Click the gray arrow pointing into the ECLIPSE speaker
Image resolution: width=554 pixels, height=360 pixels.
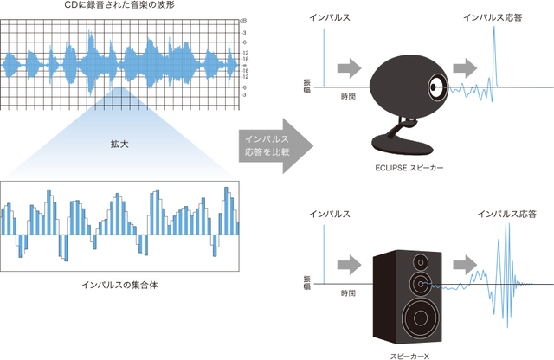349,67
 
